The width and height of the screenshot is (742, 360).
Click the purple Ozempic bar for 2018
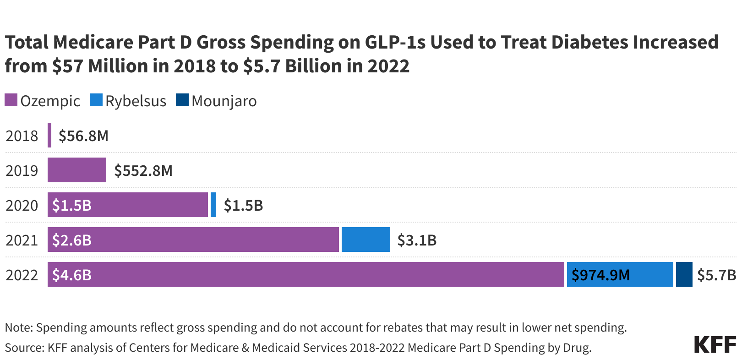click(x=49, y=136)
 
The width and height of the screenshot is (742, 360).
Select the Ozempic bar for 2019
click(x=77, y=170)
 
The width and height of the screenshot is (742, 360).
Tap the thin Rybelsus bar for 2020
click(x=213, y=205)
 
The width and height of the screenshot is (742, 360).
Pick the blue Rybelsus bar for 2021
click(x=366, y=240)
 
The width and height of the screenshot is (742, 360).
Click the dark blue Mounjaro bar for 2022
click(x=684, y=275)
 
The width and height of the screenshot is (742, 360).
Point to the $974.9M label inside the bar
click(x=600, y=275)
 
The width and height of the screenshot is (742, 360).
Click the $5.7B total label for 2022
click(x=716, y=275)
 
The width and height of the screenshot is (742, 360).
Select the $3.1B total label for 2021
click(x=417, y=240)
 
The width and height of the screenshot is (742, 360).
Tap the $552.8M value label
click(x=143, y=170)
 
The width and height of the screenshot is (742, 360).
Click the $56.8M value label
click(x=83, y=136)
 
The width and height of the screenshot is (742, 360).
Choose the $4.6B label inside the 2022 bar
click(x=72, y=275)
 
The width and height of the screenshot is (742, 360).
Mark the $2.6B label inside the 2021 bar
click(x=72, y=240)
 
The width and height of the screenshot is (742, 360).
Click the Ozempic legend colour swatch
click(x=11, y=100)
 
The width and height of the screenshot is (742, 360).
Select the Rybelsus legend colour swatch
click(x=96, y=100)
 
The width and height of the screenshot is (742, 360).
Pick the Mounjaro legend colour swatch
click(x=182, y=100)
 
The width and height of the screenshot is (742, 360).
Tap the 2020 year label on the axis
click(x=22, y=205)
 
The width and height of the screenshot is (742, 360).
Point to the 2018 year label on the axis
click(x=22, y=136)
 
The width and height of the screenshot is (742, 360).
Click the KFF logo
click(x=715, y=344)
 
